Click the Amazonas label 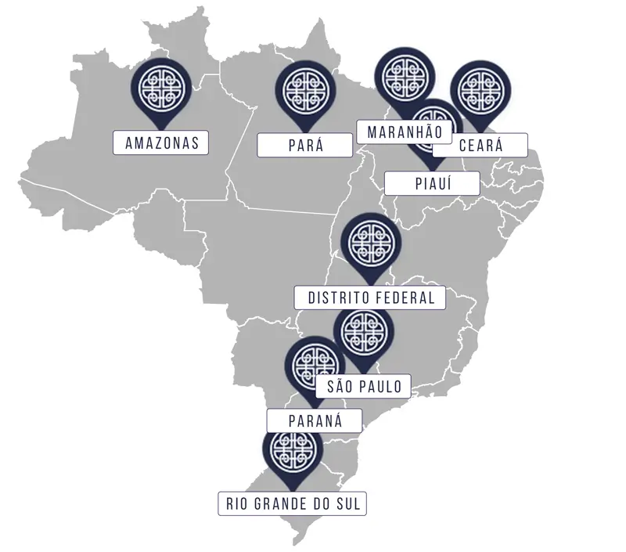(x=161, y=143)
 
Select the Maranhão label (x=405, y=131)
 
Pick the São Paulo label (x=364, y=386)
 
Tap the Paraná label (x=315, y=420)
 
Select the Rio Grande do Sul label (x=293, y=503)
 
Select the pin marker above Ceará (x=481, y=88)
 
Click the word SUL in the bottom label (x=348, y=503)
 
